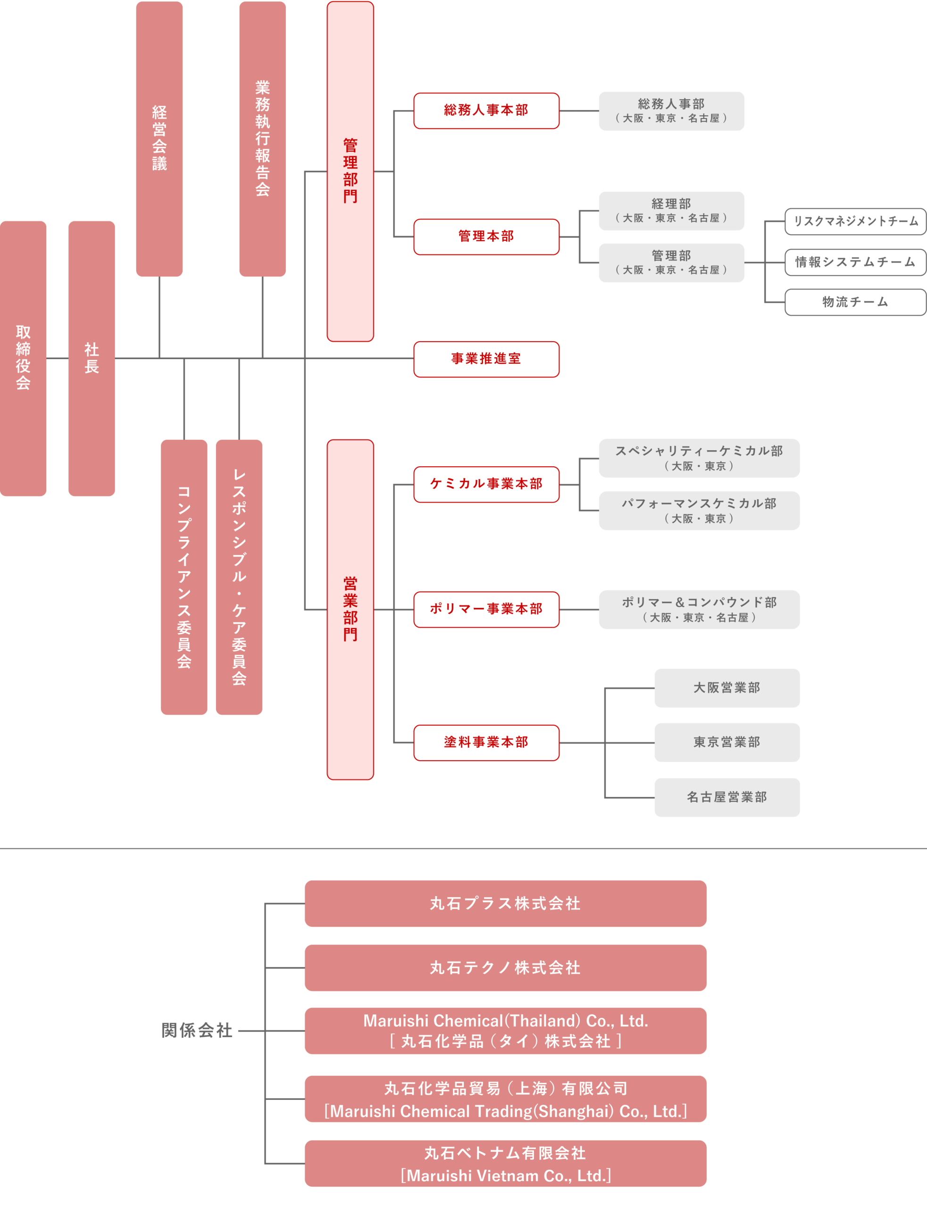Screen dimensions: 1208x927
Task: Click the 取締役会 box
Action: [23, 358]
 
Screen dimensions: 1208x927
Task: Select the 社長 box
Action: [92, 358]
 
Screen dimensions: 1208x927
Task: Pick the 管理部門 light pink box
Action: [351, 171]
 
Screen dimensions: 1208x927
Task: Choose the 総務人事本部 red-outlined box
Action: [486, 110]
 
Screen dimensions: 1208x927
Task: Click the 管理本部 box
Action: [486, 237]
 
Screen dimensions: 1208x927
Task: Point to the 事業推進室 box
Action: [486, 359]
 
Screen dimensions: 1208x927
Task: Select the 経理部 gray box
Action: [671, 211]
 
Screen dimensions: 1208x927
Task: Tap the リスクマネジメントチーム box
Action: [855, 221]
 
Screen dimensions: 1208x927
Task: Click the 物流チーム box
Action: [855, 302]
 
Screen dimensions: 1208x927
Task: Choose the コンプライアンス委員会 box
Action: [184, 577]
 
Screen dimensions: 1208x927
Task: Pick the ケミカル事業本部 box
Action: [486, 484]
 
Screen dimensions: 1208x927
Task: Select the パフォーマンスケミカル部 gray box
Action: [699, 511]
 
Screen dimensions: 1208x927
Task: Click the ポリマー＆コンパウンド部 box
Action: [699, 609]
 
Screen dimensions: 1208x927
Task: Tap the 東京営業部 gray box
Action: [727, 742]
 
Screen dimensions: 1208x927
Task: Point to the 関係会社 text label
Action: [197, 1030]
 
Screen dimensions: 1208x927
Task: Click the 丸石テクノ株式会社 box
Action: [505, 967]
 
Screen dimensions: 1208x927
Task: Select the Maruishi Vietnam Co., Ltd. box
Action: [505, 1163]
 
